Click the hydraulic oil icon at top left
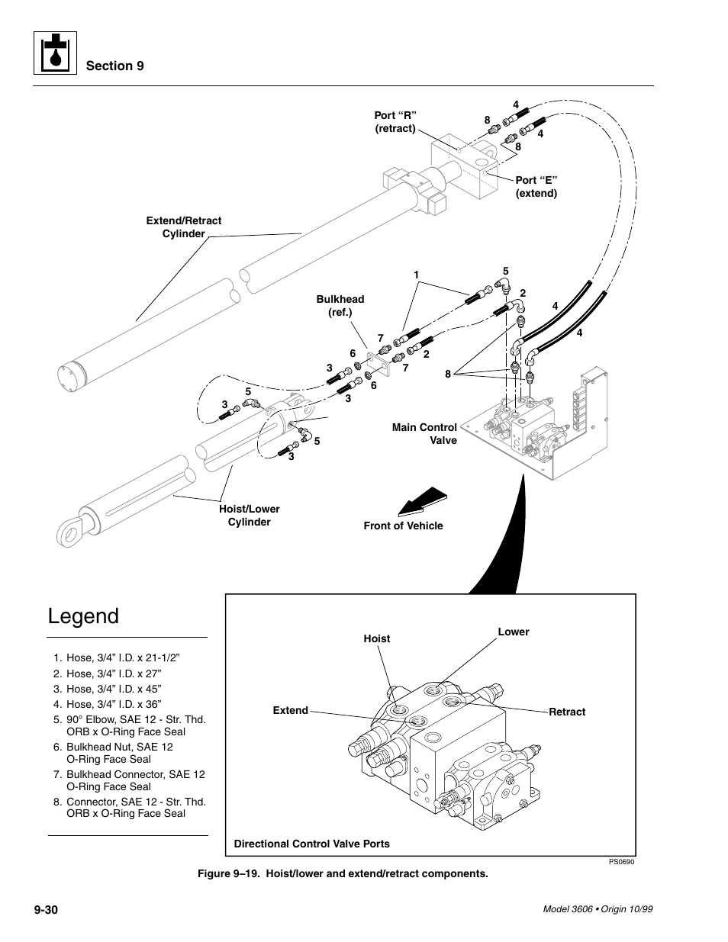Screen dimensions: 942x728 point(55,53)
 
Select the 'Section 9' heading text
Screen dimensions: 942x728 point(114,66)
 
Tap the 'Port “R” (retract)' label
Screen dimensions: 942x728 point(395,122)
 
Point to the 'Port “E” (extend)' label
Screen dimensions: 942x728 point(536,187)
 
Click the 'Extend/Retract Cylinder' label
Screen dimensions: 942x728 point(183,227)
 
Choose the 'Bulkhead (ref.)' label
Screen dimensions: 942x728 point(340,306)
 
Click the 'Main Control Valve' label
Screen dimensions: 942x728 point(424,434)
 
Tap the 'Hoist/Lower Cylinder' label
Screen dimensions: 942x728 point(250,516)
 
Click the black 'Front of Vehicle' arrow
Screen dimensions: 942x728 point(422,502)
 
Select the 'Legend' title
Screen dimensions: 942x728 point(83,616)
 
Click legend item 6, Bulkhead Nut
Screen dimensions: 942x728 point(119,753)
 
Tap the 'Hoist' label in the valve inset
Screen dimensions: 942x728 point(376,638)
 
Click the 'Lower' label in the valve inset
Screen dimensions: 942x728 point(513,632)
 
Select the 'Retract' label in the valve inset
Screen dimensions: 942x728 point(567,712)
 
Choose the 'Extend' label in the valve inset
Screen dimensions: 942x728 point(291,710)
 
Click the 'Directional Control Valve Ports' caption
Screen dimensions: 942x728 point(311,844)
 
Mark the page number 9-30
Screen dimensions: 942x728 point(51,910)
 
